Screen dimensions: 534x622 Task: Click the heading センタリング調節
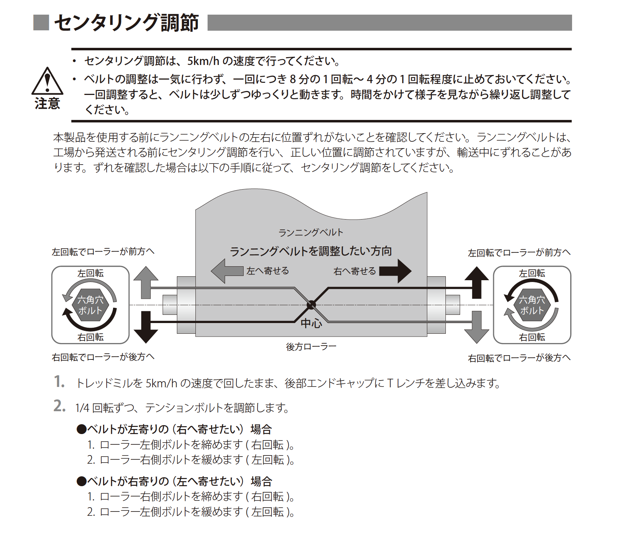(x=126, y=23)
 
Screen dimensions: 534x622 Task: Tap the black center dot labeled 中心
(x=311, y=305)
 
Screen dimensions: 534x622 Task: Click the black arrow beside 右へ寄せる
(x=396, y=271)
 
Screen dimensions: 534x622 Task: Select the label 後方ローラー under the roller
(x=311, y=347)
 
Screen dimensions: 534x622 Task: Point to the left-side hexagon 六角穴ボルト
(x=90, y=305)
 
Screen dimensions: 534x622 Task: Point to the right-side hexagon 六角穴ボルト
(x=532, y=305)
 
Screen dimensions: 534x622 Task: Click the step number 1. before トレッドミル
(x=59, y=382)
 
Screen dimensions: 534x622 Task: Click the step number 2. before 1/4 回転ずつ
(x=59, y=406)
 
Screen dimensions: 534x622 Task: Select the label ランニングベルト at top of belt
(x=311, y=233)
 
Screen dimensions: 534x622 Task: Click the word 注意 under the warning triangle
(x=47, y=104)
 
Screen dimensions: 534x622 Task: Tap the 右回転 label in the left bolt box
(x=90, y=337)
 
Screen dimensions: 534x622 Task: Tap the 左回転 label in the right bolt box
(x=532, y=273)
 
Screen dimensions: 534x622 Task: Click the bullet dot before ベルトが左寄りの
(x=82, y=429)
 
